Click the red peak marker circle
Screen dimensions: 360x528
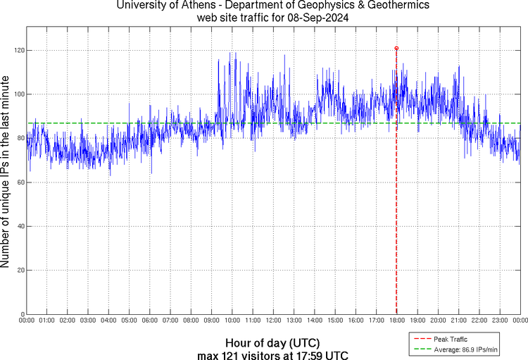pyautogui.click(x=396, y=48)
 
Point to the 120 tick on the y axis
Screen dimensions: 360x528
pyautogui.click(x=18, y=51)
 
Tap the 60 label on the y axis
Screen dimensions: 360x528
pyautogui.click(x=18, y=182)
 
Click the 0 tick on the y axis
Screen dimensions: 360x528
pyautogui.click(x=21, y=314)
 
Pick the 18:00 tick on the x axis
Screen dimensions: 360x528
pyautogui.click(x=396, y=320)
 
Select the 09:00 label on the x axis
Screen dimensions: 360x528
pyautogui.click(x=211, y=320)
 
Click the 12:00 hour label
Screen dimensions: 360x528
pyautogui.click(x=273, y=320)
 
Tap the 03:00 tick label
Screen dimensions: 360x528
pyautogui.click(x=88, y=320)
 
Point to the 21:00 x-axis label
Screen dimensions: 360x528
pyautogui.click(x=458, y=320)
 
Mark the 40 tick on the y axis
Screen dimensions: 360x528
pyautogui.click(x=18, y=226)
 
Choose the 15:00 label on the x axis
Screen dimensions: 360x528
pyautogui.click(x=335, y=320)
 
